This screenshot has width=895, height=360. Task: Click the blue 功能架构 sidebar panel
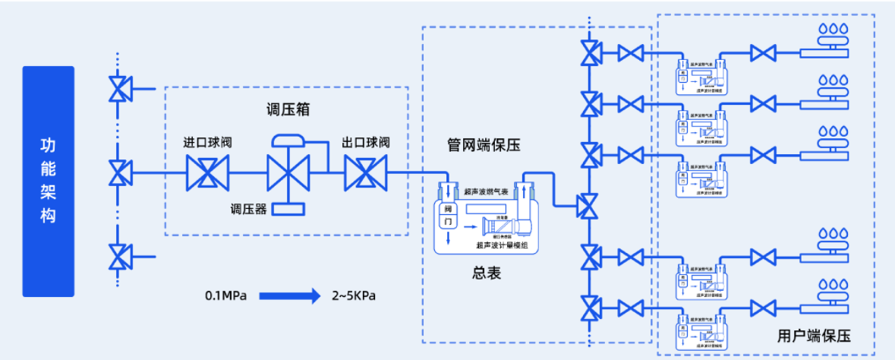pos(49,181)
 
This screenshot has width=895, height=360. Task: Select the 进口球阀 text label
pos(207,143)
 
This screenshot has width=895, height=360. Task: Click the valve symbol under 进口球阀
pos(207,173)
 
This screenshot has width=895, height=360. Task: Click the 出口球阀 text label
pos(366,143)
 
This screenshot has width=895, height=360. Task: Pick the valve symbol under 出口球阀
pos(366,173)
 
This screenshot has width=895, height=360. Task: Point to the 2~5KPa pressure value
pos(353,295)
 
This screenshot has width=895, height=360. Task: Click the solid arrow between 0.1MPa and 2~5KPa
pos(290,295)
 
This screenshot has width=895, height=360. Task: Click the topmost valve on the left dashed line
pos(118,90)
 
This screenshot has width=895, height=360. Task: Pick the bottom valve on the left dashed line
pos(118,256)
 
